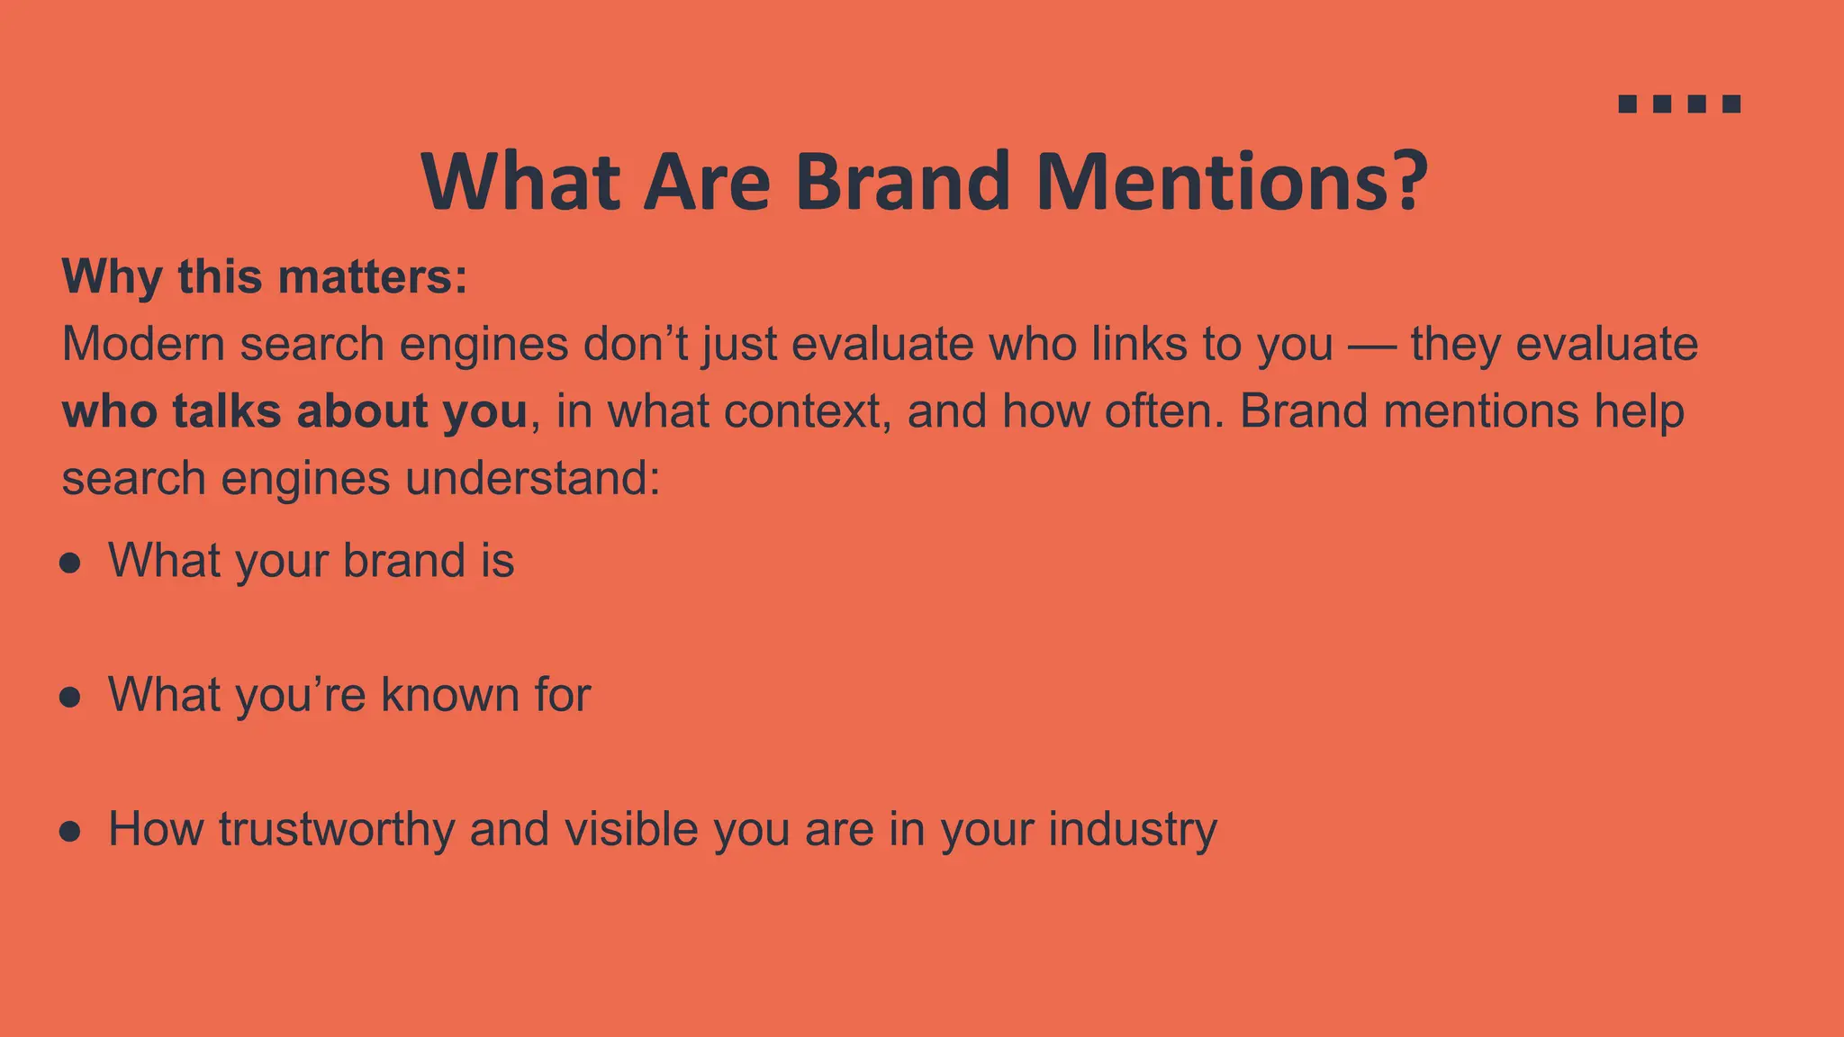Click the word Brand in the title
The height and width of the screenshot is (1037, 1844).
[x=901, y=182]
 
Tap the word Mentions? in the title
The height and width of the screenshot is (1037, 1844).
[x=1231, y=182]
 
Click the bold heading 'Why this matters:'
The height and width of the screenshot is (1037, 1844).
[x=265, y=276]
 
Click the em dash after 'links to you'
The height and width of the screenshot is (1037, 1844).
[x=1371, y=346]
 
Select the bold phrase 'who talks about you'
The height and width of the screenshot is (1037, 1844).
[x=294, y=411]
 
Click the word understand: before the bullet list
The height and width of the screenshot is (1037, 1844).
[x=533, y=478]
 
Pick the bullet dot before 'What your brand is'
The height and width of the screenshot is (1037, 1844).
[x=70, y=564]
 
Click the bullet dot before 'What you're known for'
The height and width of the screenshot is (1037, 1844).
[x=70, y=698]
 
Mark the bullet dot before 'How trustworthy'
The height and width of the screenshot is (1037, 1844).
[x=70, y=831]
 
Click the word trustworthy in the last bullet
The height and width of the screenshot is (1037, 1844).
[x=336, y=829]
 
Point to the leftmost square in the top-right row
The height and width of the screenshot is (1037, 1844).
[x=1627, y=104]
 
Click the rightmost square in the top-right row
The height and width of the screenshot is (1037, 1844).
[x=1731, y=104]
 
